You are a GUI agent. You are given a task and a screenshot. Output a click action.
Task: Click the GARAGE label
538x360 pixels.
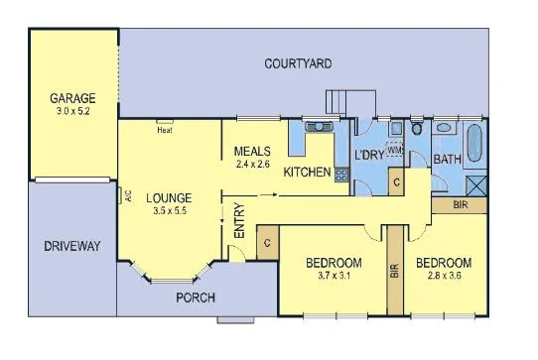(73, 98)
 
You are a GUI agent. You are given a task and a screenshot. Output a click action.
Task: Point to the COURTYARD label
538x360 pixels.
(298, 64)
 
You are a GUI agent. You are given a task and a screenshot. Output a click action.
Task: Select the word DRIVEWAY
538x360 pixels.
(72, 246)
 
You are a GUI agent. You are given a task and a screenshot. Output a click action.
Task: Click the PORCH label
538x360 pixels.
(197, 299)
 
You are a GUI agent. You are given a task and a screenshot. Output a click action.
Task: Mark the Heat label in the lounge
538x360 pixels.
(165, 130)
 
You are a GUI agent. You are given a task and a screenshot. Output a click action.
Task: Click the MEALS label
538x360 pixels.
(252, 151)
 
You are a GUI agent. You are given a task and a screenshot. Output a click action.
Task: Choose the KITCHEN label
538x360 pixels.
(307, 173)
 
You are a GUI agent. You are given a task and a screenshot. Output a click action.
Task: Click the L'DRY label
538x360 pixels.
(369, 157)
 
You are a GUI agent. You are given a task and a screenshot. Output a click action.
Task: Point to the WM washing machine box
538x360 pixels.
(394, 150)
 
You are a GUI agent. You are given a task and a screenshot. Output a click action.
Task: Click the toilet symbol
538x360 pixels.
(418, 131)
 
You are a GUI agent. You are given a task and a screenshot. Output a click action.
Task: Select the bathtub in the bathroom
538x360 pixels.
(473, 145)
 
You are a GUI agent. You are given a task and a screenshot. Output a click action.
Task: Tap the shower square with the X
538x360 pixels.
(474, 183)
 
